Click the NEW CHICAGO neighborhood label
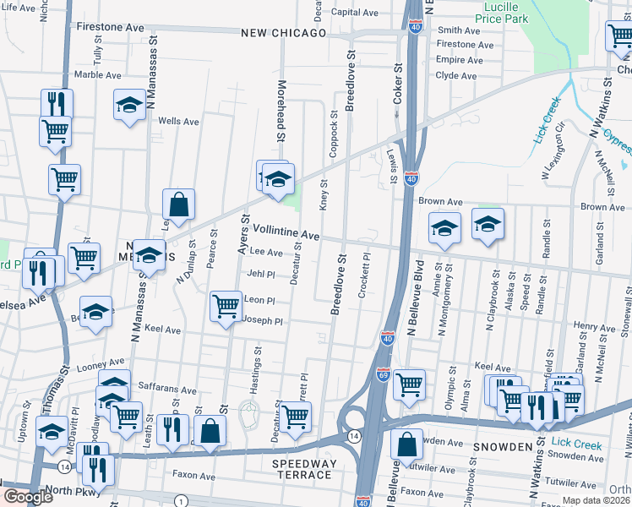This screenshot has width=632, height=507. coord(283,33)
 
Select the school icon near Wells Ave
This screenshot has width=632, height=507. coord(129,105)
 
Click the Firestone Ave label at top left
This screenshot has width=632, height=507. coord(111,27)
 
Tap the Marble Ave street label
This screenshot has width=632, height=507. coord(98,74)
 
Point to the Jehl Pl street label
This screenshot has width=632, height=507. coord(261,274)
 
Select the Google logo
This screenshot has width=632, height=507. coord(29,497)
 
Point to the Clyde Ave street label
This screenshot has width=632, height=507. coord(456,75)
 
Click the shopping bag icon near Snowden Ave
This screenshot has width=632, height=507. coord(407,445)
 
